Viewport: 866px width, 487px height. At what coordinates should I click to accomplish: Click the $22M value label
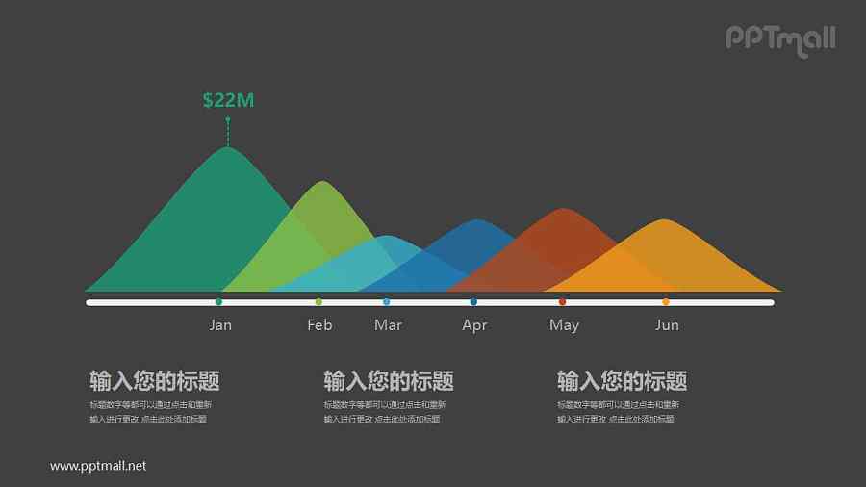click(x=228, y=100)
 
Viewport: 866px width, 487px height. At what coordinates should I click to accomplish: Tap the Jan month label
click(x=220, y=325)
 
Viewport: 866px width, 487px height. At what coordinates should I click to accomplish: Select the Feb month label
click(x=319, y=325)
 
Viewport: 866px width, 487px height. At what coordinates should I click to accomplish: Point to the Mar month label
click(x=388, y=325)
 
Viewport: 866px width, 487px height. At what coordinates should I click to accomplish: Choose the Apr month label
click(x=474, y=325)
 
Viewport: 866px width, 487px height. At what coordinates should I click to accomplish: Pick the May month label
click(x=564, y=325)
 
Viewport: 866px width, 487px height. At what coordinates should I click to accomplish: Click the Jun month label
click(x=667, y=325)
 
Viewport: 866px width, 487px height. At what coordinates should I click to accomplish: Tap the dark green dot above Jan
click(x=219, y=302)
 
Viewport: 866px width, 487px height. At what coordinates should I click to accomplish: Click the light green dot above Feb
click(x=318, y=302)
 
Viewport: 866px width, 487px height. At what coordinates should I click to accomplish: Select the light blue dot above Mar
click(x=387, y=302)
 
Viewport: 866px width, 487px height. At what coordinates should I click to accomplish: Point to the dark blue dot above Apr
click(x=473, y=302)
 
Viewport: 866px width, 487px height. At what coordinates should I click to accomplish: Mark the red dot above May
click(x=563, y=302)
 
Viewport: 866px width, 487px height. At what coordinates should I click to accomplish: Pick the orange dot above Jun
click(x=666, y=302)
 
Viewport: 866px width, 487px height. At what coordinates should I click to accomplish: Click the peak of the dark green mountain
click(x=227, y=149)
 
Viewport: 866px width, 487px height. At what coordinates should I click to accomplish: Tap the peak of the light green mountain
click(x=318, y=184)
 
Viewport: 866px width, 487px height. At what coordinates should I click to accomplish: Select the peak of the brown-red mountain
click(x=562, y=211)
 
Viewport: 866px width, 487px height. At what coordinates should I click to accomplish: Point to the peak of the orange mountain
click(x=664, y=222)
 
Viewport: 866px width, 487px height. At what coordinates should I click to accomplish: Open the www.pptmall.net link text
click(x=98, y=466)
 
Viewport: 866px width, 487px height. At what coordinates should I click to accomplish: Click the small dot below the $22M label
click(x=228, y=119)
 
